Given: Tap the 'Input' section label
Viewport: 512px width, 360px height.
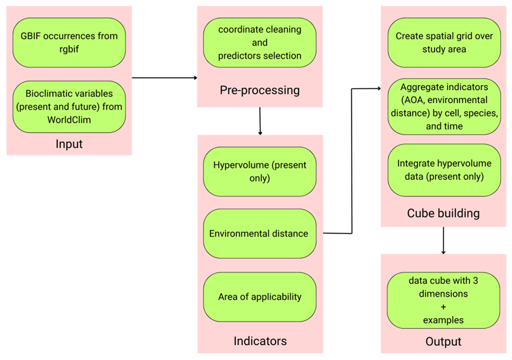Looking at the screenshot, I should pos(69,144).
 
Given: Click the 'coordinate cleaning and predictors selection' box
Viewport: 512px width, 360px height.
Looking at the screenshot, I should pos(260,43).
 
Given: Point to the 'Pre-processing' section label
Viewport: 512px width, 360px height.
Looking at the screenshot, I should pos(260,90).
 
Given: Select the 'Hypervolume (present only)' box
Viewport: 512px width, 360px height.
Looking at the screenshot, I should pos(260,171).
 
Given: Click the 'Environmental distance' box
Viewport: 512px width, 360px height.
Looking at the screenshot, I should pos(260,233).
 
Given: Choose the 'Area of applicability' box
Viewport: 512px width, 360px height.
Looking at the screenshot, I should pos(260,297).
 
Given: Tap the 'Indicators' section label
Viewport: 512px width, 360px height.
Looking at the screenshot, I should pos(260,341).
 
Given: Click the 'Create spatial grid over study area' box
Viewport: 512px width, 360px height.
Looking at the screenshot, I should pos(443,42).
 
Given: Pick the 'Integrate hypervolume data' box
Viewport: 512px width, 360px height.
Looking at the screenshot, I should pos(443,170).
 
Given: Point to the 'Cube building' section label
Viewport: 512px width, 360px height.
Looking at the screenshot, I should pos(443,213).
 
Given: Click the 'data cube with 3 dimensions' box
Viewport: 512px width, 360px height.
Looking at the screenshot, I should pos(443,300).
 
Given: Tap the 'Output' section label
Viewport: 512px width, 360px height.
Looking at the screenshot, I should pos(443,342).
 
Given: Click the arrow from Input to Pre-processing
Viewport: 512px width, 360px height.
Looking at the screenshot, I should pos(164,77).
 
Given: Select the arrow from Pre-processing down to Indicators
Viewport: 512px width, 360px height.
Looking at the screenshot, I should pos(260,121).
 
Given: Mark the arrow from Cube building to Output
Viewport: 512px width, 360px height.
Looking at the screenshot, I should pos(443,241).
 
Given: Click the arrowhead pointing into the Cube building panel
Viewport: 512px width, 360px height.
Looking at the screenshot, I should pos(378,89).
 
